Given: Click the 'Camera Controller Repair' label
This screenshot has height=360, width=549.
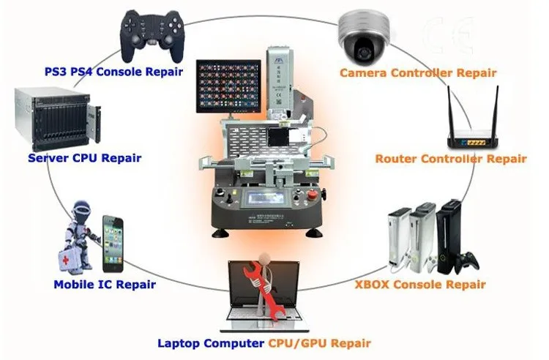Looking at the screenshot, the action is coord(418,73).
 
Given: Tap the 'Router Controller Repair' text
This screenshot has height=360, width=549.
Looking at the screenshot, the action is coord(450,159).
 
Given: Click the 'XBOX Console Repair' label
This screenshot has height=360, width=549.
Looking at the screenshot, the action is coord(419,284).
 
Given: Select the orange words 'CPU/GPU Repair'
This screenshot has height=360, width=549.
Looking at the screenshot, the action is coord(319,342).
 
